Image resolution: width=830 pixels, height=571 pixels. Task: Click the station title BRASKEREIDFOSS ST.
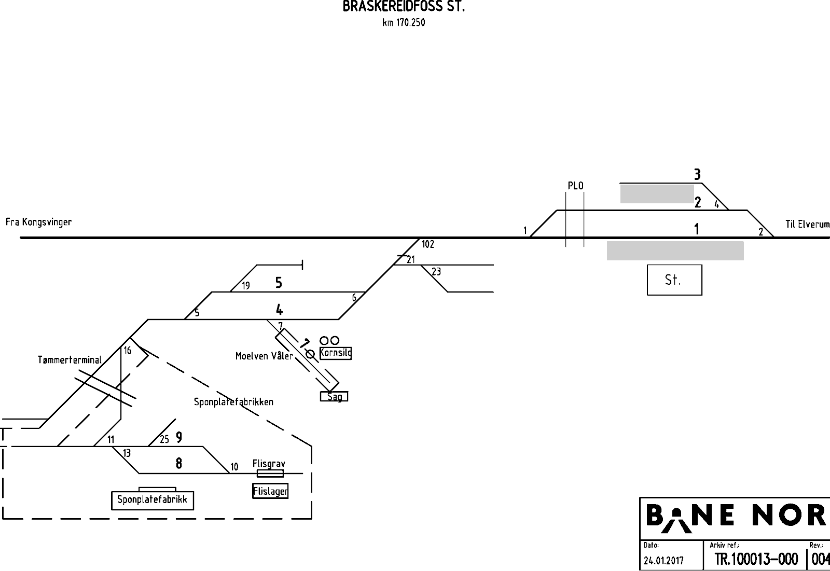click(x=404, y=6)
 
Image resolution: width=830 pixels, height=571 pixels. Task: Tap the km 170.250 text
click(x=404, y=23)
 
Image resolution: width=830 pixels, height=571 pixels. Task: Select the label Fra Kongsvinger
click(x=38, y=222)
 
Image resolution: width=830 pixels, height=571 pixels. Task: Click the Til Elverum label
click(x=807, y=224)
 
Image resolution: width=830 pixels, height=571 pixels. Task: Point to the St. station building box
click(x=674, y=280)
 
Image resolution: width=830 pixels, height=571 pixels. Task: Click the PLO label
click(x=575, y=186)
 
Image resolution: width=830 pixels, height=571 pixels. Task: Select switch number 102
click(x=428, y=244)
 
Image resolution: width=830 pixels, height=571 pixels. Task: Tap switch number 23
click(x=436, y=272)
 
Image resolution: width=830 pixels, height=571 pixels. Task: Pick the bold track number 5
click(x=279, y=283)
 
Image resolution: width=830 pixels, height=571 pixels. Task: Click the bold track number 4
click(x=280, y=310)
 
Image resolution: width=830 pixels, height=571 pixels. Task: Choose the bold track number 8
click(x=179, y=463)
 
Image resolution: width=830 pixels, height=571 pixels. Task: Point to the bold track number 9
click(x=179, y=438)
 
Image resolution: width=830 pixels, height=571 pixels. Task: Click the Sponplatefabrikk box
click(x=153, y=500)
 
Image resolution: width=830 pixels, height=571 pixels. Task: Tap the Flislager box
click(x=270, y=491)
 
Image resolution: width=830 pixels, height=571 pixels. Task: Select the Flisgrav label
click(x=269, y=464)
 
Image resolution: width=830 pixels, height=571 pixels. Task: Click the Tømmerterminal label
click(x=70, y=360)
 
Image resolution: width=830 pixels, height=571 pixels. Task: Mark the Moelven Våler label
click(x=264, y=356)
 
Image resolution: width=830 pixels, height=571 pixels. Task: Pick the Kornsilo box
click(x=336, y=353)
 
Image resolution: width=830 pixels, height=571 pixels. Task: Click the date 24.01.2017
click(x=663, y=560)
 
